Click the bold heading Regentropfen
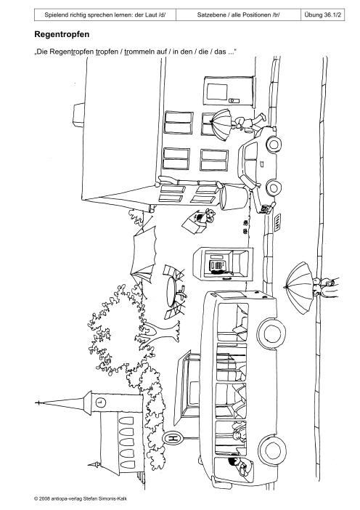62,34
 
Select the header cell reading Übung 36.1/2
323,15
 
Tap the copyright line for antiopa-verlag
81,498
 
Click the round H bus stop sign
173,439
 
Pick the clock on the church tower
101,402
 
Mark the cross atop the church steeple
38,403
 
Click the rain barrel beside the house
233,196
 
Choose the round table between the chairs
171,291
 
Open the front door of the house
229,91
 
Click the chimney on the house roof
78,115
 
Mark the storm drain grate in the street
277,222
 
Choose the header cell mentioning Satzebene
239,15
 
